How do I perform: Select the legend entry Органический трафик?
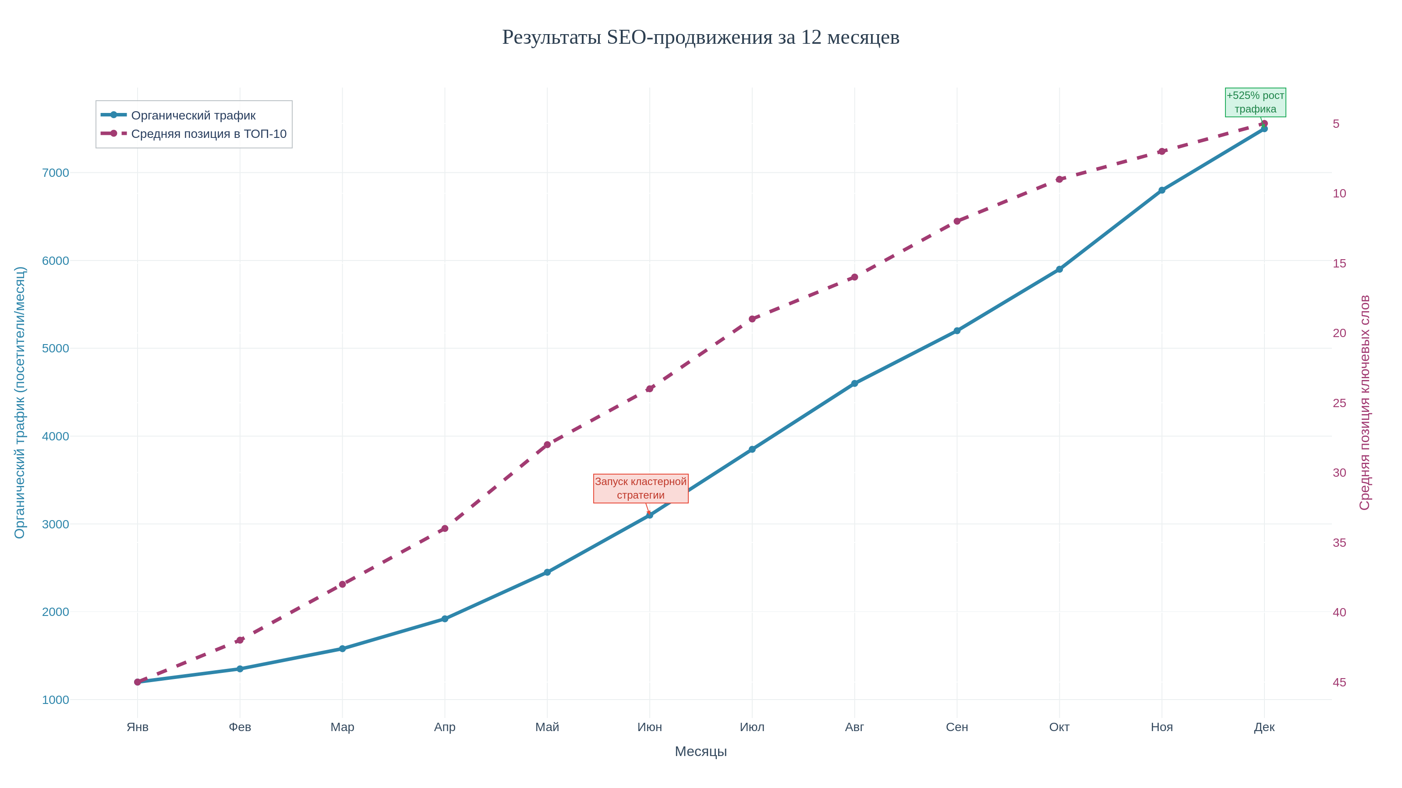[193, 115]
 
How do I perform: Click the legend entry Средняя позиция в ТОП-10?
[209, 134]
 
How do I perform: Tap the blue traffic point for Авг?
[854, 383]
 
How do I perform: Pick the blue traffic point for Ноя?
[1162, 190]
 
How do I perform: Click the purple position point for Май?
[547, 445]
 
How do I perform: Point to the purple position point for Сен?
[957, 222]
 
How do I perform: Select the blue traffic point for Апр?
[445, 619]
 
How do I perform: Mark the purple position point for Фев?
[240, 640]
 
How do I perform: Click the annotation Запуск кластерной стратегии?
[641, 489]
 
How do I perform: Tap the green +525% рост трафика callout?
[1255, 102]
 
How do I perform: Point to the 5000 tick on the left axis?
[56, 348]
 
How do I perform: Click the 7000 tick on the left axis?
[56, 173]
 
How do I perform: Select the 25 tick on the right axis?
[1339, 403]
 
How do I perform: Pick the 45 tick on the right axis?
[1339, 682]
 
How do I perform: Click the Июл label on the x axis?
[752, 727]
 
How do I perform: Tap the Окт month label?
[1059, 727]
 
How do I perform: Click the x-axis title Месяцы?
[701, 752]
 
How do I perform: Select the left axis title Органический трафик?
[20, 402]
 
